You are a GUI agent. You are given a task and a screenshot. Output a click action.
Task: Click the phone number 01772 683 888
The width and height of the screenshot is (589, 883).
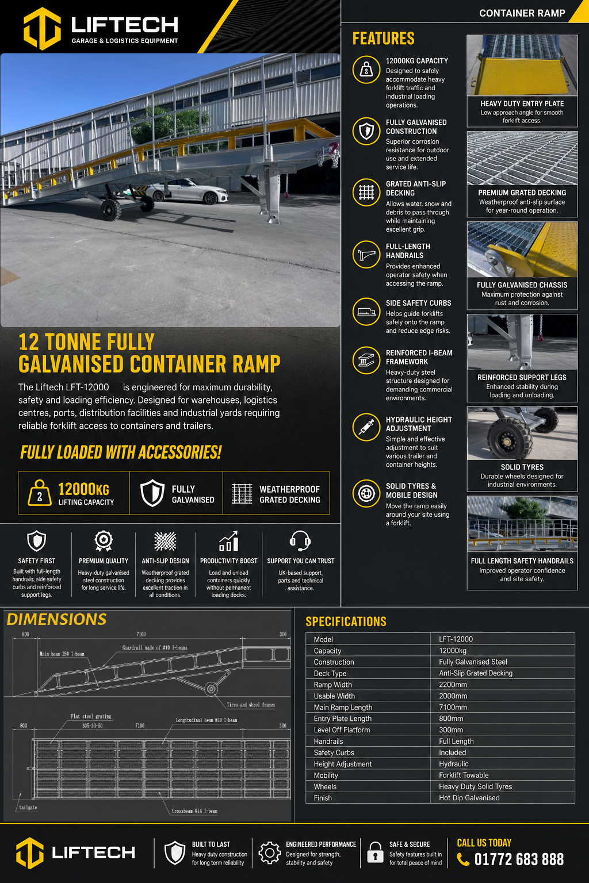point(519,859)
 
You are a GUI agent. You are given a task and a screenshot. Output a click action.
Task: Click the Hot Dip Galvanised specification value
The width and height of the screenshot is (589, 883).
point(469,797)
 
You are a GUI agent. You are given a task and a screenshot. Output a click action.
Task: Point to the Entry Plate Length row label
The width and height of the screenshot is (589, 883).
point(342,718)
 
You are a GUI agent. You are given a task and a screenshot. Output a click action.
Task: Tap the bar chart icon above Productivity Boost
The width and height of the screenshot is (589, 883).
point(229,541)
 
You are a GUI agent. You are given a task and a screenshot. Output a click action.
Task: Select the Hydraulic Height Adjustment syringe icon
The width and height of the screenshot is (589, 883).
point(366,427)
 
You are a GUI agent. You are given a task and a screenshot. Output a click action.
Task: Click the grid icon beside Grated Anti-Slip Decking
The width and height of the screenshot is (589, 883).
point(366,193)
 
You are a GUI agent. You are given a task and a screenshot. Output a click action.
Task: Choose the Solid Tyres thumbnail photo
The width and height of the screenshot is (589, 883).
point(522,433)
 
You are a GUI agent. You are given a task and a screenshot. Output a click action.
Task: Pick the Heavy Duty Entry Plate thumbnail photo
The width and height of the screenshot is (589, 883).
point(522,65)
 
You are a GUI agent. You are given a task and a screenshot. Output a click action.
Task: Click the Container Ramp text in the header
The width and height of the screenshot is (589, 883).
point(522,13)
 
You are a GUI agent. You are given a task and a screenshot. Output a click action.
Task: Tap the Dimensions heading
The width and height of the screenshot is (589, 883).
point(56,619)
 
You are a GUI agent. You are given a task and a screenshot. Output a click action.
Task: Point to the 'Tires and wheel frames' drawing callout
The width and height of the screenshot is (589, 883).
point(251,704)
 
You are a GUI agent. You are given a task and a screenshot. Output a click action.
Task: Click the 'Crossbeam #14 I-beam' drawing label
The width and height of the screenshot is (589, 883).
point(194,811)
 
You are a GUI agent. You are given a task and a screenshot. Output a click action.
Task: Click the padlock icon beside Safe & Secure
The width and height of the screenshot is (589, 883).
point(375,853)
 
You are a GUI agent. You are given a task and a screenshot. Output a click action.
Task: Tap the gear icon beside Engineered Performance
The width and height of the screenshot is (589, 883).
point(270,853)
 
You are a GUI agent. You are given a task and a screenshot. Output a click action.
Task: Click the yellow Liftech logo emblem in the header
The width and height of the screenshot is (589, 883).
point(42,28)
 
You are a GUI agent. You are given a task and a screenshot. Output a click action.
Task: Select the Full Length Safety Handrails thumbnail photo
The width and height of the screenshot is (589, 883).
point(522,524)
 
